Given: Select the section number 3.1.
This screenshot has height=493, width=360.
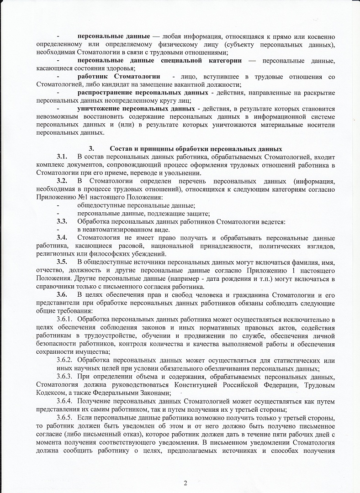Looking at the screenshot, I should pyautogui.click(x=62, y=157).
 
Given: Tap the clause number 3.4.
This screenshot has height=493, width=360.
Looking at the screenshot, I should pyautogui.click(x=62, y=238).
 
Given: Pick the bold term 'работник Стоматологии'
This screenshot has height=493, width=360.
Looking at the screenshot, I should pyautogui.click(x=119, y=76).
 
